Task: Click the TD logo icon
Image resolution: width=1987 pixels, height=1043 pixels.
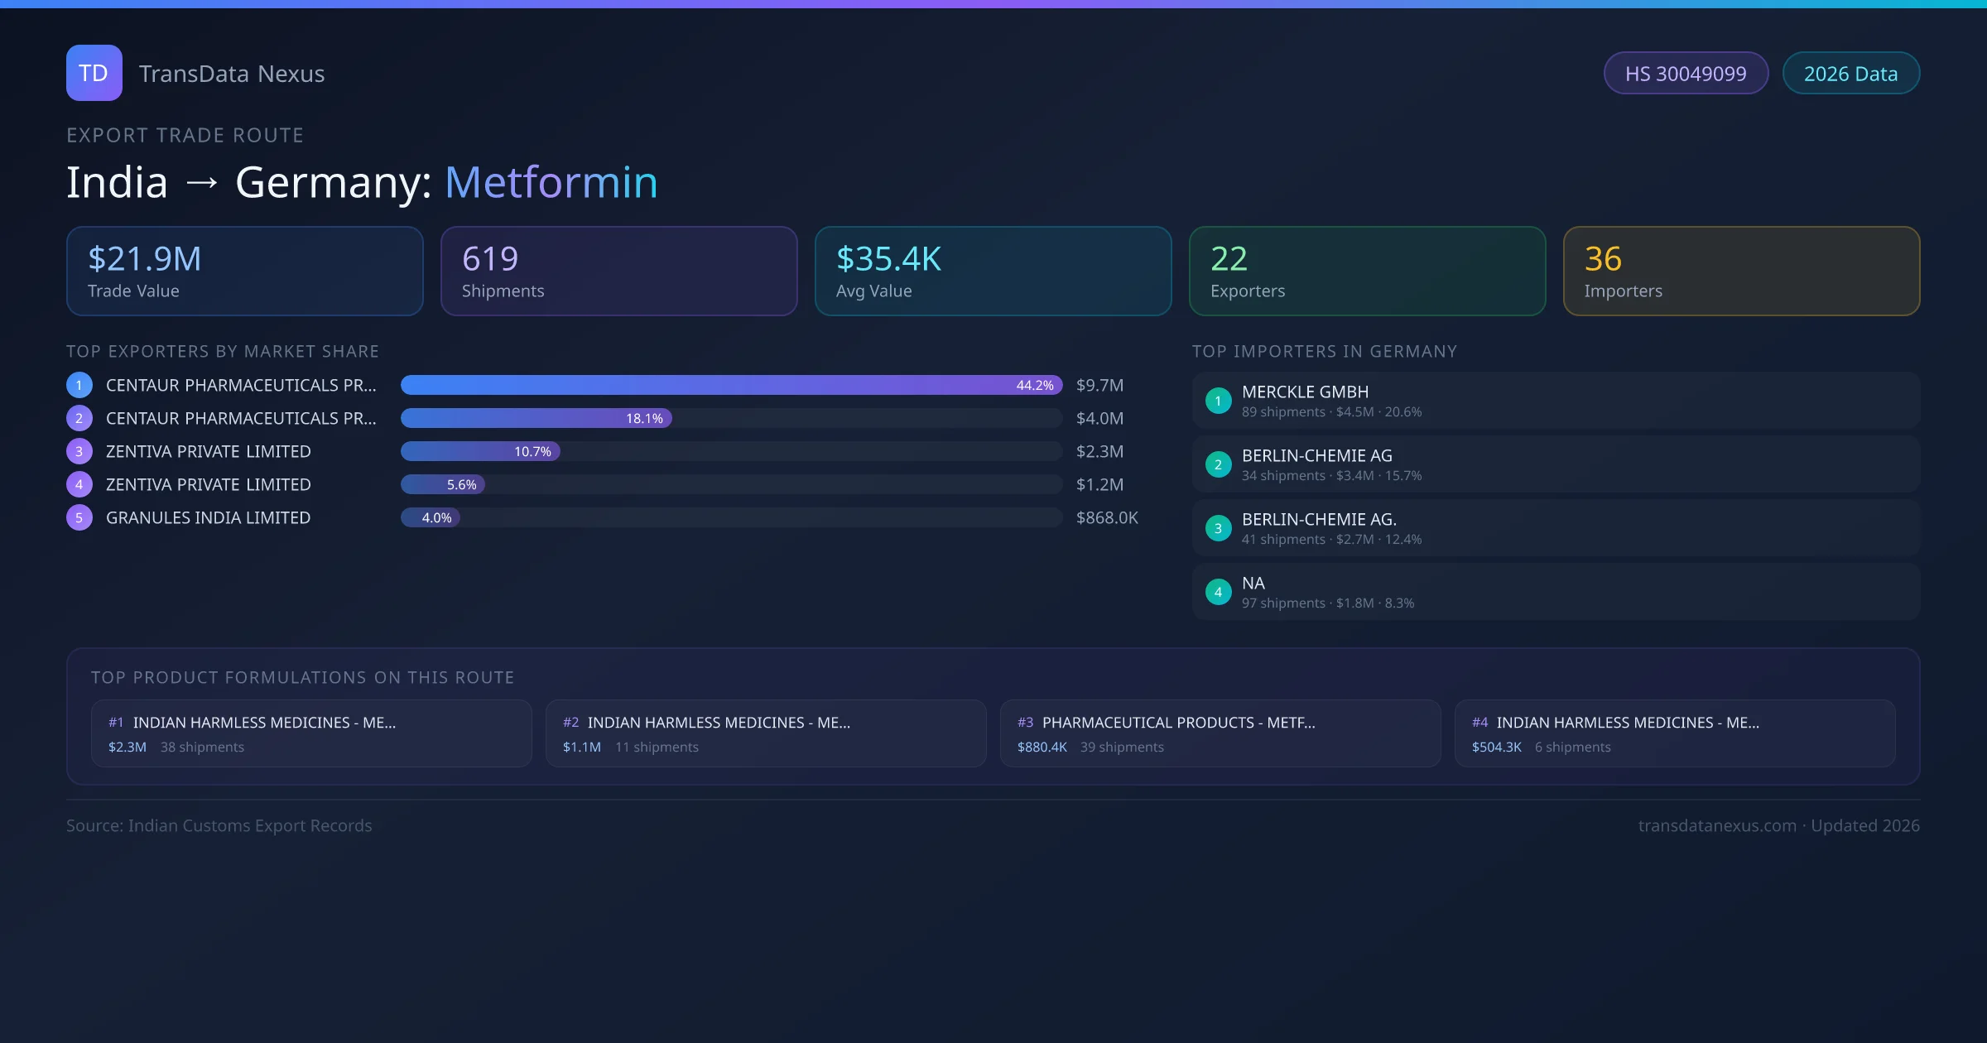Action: coord(94,73)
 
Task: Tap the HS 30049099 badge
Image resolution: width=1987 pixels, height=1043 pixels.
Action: coord(1685,74)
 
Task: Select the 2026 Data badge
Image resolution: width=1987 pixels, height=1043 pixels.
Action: coord(1850,74)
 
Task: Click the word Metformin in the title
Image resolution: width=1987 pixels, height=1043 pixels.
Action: coord(551,182)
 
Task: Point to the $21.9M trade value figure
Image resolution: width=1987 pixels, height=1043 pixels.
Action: coord(144,259)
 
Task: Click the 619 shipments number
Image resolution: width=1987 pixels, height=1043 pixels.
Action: coord(490,259)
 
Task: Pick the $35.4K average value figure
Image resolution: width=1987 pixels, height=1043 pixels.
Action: coord(888,259)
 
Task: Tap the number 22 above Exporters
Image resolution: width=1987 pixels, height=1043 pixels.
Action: coord(1229,259)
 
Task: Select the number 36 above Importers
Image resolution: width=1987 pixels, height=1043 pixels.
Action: coord(1603,259)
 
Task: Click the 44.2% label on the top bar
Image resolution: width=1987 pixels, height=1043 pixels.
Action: coord(1035,385)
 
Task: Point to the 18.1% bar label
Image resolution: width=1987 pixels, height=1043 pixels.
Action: coord(644,418)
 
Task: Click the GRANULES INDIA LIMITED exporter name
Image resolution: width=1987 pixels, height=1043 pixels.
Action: coord(208,517)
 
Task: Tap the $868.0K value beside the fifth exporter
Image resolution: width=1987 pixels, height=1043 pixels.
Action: coord(1107,517)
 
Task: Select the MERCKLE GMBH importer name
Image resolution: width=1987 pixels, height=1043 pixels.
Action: coord(1305,392)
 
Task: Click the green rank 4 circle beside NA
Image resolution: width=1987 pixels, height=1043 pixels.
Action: coord(1218,592)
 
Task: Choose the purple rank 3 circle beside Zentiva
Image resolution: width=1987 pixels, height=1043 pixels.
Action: coord(79,451)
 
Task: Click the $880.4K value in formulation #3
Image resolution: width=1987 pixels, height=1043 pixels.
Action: coord(1042,747)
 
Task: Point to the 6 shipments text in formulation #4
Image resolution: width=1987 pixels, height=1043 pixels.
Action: coord(1572,747)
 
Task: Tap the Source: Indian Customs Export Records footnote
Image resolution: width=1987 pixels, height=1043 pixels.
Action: coord(219,825)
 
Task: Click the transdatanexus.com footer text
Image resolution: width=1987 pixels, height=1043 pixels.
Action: coord(1717,825)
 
